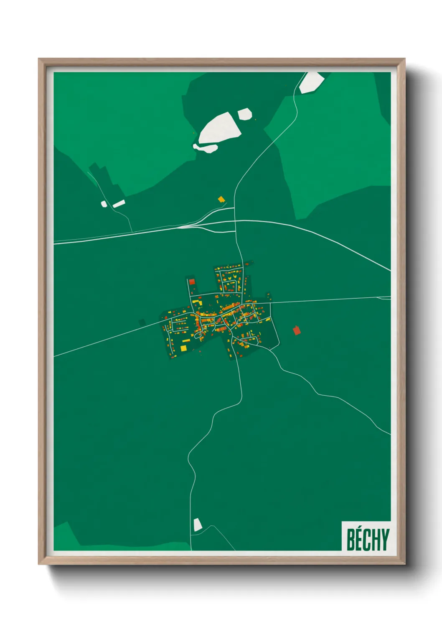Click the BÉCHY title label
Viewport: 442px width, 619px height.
(367, 539)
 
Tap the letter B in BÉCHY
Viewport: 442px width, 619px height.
(351, 540)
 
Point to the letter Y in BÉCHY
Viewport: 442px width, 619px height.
(385, 540)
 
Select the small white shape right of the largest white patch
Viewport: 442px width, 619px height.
(244, 114)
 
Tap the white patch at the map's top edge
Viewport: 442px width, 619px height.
(312, 82)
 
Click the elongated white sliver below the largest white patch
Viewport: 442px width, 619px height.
(205, 147)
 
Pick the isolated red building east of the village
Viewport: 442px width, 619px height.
(297, 330)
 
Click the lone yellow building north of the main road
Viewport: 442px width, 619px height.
(221, 199)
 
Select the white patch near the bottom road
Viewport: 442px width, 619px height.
(197, 524)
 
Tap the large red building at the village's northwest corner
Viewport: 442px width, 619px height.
(192, 281)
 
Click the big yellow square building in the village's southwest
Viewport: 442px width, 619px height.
(183, 348)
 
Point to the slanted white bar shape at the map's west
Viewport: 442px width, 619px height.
(119, 204)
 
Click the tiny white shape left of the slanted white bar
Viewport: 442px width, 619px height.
(104, 204)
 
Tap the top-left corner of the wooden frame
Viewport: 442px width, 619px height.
(40, 60)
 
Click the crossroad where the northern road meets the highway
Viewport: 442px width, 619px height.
(235, 220)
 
